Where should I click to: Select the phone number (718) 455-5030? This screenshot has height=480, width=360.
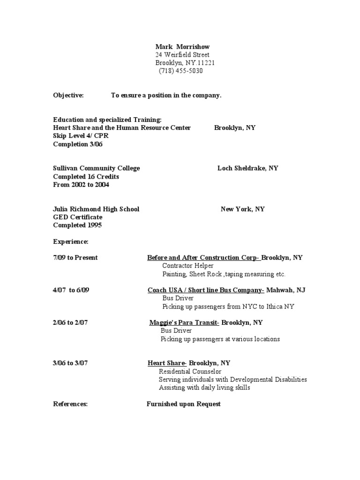click(x=180, y=71)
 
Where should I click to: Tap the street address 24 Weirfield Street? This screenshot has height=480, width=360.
click(x=182, y=55)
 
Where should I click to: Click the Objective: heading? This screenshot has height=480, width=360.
click(x=68, y=95)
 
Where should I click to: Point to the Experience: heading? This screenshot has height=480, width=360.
click(x=71, y=241)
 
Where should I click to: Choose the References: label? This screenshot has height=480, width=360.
click(x=70, y=404)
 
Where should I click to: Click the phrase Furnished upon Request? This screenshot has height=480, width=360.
click(x=183, y=404)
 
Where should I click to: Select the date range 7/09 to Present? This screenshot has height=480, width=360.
click(x=75, y=257)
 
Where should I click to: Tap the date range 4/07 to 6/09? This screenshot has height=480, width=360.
click(x=71, y=290)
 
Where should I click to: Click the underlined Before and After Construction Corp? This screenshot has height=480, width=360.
click(x=203, y=257)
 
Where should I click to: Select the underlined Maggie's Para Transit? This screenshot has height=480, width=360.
click(x=184, y=322)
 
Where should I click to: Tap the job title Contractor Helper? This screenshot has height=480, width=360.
click(x=187, y=266)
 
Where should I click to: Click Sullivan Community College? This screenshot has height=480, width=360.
click(x=97, y=168)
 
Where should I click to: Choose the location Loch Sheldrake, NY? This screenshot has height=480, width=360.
click(x=247, y=168)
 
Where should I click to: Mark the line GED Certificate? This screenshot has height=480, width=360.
click(x=78, y=217)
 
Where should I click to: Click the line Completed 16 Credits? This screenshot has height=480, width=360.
click(x=86, y=177)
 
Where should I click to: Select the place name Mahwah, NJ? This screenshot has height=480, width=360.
click(x=286, y=290)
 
